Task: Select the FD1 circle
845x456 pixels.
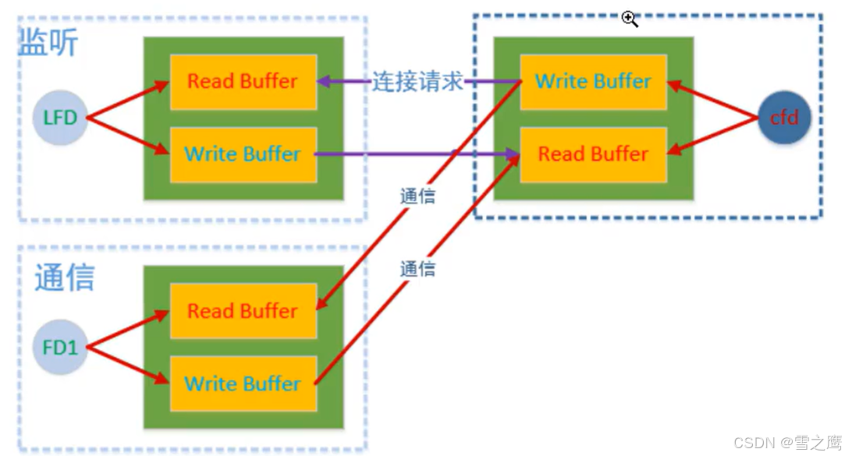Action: click(x=59, y=347)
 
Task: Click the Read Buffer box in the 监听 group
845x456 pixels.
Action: click(x=243, y=81)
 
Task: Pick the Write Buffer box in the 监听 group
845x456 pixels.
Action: click(x=243, y=154)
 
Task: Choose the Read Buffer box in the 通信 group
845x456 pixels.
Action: click(x=243, y=311)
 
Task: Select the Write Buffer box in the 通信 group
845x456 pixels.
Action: click(x=243, y=384)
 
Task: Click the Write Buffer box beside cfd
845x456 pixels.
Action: click(x=593, y=81)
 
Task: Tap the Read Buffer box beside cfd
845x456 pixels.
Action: click(x=593, y=154)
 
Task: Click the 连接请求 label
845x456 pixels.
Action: click(x=417, y=81)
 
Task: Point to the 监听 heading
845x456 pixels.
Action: click(x=48, y=44)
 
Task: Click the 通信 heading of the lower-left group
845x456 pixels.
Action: click(x=64, y=277)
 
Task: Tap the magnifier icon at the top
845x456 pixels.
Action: click(x=630, y=19)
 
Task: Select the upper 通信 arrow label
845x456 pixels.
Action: click(x=417, y=196)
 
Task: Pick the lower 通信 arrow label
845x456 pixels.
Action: click(x=417, y=269)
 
